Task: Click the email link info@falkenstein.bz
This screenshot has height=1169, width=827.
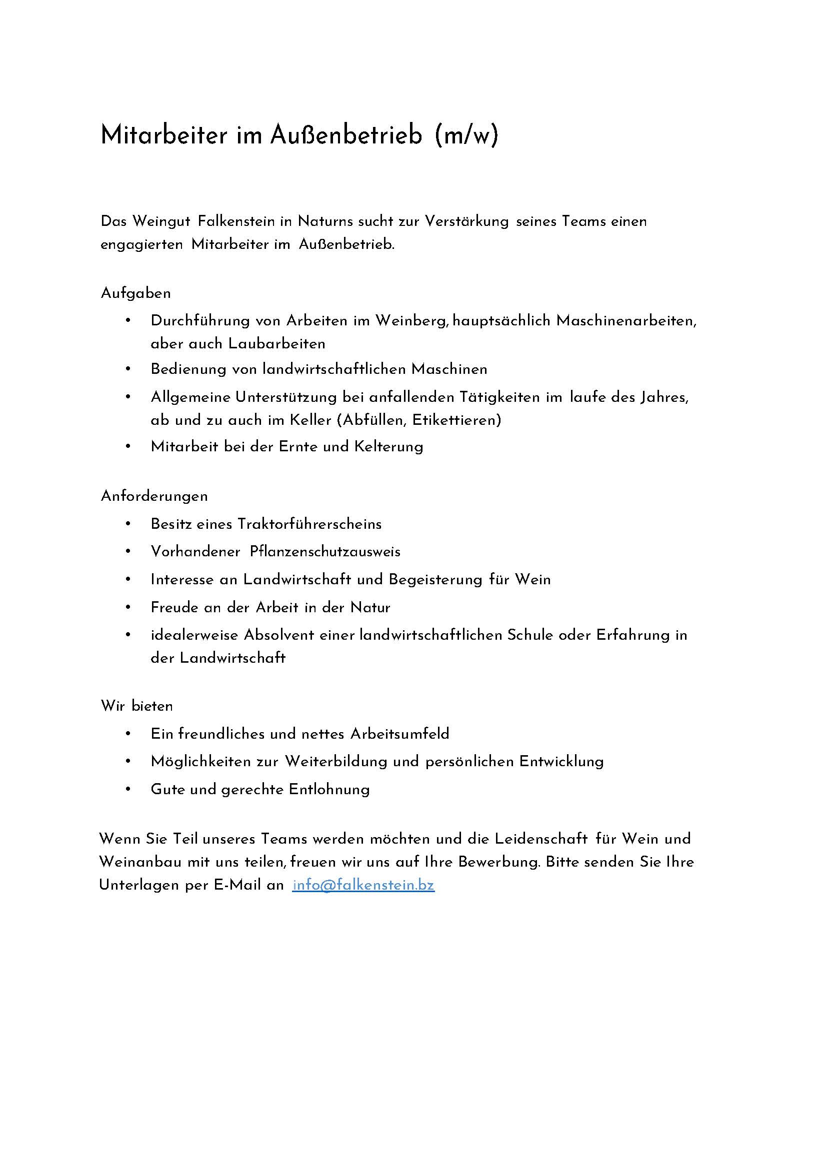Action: pos(363,886)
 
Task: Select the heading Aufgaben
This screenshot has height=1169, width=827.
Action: pos(135,294)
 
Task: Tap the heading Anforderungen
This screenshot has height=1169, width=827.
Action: pos(154,496)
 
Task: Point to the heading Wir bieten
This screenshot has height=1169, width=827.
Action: pos(137,706)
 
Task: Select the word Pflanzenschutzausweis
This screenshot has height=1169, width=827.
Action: pos(325,552)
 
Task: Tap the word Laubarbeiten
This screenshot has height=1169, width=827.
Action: pos(276,344)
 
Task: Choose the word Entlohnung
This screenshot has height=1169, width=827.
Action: pos(329,790)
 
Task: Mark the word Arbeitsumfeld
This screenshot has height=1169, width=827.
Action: pos(400,734)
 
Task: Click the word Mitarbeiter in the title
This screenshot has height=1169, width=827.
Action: pos(163,135)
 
